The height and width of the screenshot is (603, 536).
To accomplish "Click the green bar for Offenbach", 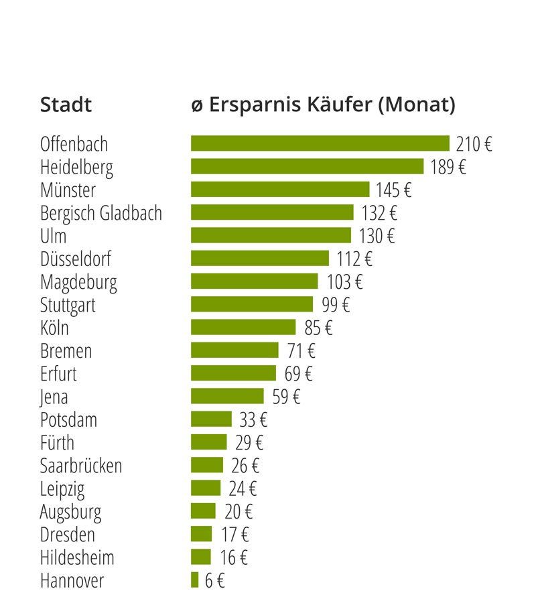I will coord(320,143).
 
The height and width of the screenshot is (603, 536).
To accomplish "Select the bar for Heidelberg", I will coord(307,166).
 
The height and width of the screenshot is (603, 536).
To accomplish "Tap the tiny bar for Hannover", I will coord(195,580).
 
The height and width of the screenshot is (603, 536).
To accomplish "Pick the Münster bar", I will coord(280,189).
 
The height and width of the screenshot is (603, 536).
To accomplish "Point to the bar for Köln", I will coord(243,327).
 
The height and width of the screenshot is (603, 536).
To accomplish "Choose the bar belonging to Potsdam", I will coord(211,419).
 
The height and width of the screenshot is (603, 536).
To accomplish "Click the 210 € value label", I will coord(474,144).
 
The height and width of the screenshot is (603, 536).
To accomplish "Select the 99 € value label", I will coord(335,305).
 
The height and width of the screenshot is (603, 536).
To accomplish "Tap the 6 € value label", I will coord(214,580).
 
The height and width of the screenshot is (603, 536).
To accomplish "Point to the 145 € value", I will coord(393,190).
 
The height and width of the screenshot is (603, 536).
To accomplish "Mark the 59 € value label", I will coord(286,397).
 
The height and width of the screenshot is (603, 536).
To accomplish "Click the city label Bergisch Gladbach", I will coord(101,214).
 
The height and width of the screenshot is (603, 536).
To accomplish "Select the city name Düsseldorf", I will coord(76,259).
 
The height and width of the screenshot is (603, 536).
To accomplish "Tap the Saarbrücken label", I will coord(81,466).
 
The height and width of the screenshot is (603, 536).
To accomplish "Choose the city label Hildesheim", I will coord(77,557).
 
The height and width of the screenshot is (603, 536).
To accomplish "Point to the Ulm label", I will coord(54,236).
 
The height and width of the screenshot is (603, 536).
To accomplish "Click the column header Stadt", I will coord(66,105).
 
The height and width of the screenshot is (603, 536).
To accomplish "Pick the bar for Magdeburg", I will coord(255,281).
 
